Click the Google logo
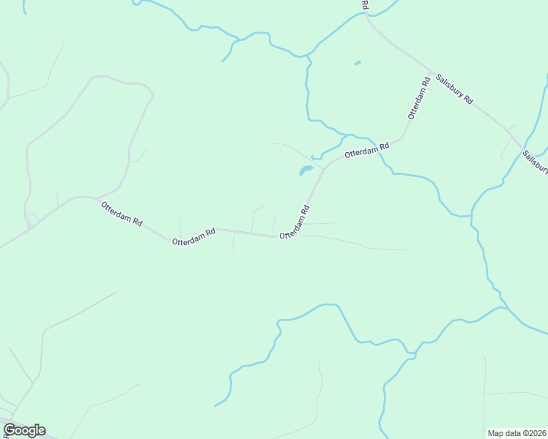24,430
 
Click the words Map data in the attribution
505,433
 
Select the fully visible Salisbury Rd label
454,90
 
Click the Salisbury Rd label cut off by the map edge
536,162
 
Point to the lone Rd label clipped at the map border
364,5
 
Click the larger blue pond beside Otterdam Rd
306,171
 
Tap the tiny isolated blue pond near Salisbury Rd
358,64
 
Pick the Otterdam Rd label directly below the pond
295,221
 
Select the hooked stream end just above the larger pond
312,157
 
